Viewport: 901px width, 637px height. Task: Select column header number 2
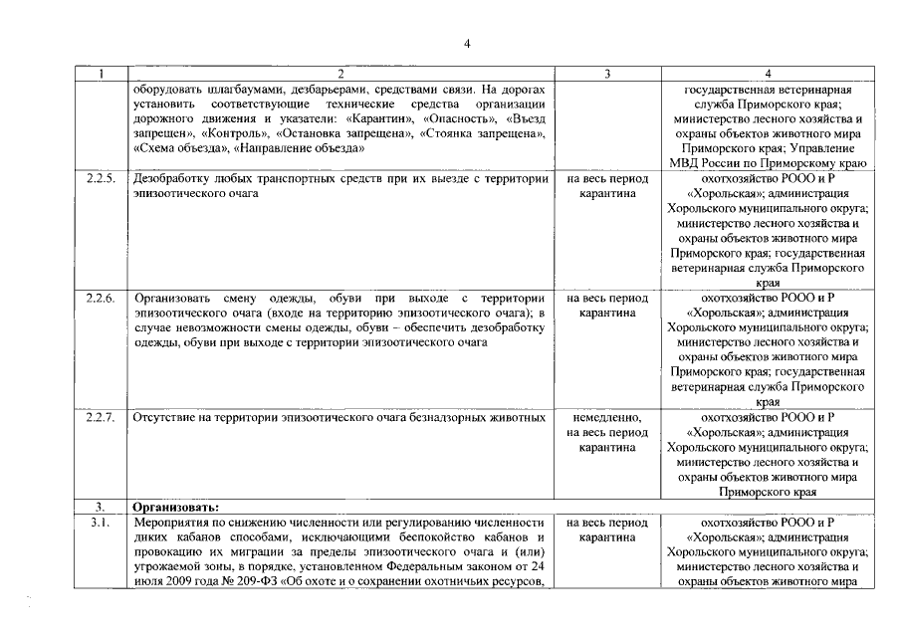pos(339,74)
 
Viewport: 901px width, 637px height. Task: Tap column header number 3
pos(607,74)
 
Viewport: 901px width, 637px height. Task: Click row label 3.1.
pos(99,522)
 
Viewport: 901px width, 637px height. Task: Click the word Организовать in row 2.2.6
pos(173,298)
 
